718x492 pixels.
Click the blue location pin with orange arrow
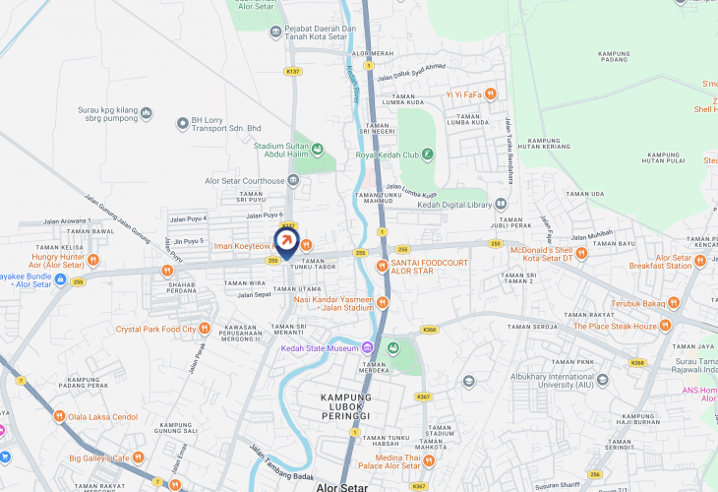[x=285, y=242]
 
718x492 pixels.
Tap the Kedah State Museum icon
[x=367, y=347]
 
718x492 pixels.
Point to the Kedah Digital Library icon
[x=501, y=205]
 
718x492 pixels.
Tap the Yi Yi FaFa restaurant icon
[x=491, y=94]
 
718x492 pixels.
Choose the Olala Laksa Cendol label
[x=104, y=416]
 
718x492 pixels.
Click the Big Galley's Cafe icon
[x=138, y=458]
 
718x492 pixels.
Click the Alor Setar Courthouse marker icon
[x=293, y=181]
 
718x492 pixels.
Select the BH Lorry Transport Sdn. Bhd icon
[x=182, y=123]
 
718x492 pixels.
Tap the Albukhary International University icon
[x=602, y=380]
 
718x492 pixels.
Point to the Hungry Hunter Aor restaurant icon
[x=93, y=260]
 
